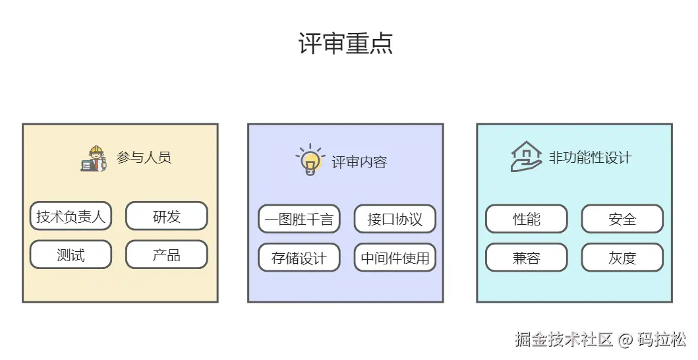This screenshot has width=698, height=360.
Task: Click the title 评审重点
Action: click(x=345, y=44)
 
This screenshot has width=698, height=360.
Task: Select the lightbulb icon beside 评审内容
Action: click(x=309, y=160)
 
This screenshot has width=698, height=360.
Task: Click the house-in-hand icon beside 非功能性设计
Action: click(x=526, y=157)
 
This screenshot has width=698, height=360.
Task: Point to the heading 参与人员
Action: click(x=144, y=158)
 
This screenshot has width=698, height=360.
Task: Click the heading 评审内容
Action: click(x=359, y=162)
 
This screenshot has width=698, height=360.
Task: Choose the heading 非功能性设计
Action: click(x=590, y=158)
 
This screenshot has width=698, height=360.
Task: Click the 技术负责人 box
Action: click(x=71, y=216)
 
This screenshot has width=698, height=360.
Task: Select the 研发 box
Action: click(x=166, y=216)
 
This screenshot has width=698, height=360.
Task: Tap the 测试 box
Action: click(x=71, y=255)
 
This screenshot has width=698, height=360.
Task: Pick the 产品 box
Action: click(x=166, y=255)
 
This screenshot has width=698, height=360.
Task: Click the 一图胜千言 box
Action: click(x=299, y=219)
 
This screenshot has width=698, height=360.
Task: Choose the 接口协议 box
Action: click(x=395, y=219)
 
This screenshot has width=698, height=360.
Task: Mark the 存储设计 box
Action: click(x=299, y=258)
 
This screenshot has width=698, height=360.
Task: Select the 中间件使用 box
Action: click(x=395, y=258)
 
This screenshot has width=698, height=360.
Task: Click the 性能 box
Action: click(x=526, y=219)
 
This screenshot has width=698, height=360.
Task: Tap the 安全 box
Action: click(x=622, y=219)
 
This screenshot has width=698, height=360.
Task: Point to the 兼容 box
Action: click(x=526, y=258)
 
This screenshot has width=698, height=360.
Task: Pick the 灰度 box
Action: click(x=622, y=258)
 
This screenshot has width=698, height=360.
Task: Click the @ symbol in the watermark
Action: click(x=625, y=340)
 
